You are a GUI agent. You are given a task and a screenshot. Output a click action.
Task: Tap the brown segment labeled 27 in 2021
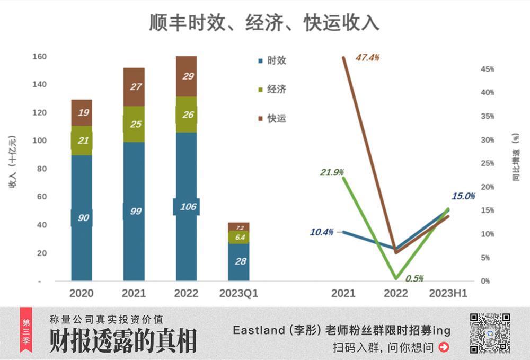click(134, 86)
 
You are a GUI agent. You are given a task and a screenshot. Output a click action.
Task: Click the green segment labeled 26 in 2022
click(186, 114)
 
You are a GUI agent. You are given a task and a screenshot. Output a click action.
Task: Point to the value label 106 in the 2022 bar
click(186, 207)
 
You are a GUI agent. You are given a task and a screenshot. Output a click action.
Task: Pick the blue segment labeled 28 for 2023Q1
click(238, 261)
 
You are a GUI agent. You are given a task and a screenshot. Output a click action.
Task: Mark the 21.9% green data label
click(332, 172)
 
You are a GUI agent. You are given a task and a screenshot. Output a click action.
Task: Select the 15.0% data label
click(463, 196)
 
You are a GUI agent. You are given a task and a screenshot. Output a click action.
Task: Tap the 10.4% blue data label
click(322, 232)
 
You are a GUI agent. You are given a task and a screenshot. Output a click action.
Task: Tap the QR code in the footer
click(490, 333)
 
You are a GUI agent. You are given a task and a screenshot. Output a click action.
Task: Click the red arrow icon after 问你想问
click(444, 347)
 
